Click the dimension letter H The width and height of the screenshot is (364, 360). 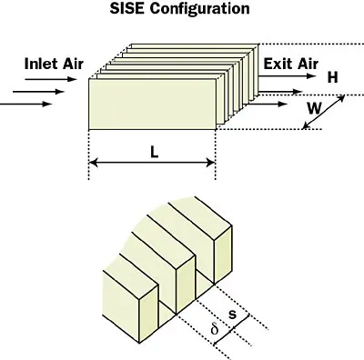(x=332, y=79)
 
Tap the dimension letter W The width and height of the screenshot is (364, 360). (x=313, y=107)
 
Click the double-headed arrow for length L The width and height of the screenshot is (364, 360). (x=152, y=165)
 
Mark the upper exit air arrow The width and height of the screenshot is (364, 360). (x=289, y=90)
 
